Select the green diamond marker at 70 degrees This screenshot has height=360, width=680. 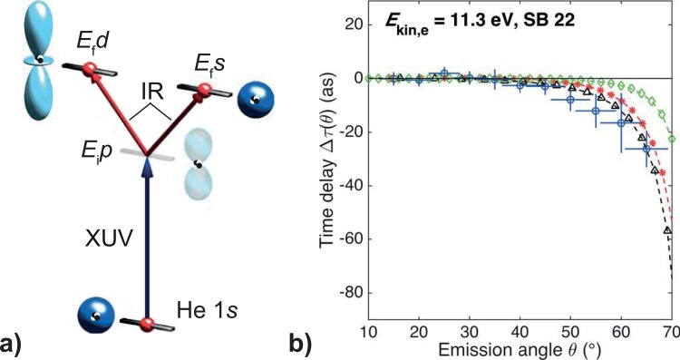[671, 139]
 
